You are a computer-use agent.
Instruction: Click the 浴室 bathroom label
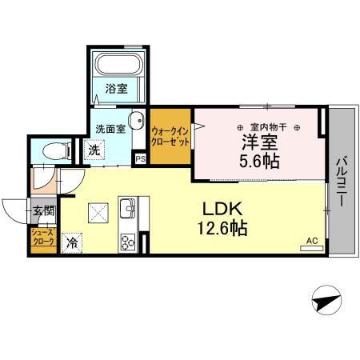(117, 89)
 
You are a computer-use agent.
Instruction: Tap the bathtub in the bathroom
(118, 66)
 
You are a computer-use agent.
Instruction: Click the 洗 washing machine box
(94, 149)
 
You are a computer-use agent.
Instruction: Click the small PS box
(141, 159)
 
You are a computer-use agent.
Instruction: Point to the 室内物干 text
(269, 126)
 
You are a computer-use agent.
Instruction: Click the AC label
(311, 239)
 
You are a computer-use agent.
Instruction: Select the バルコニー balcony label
(340, 181)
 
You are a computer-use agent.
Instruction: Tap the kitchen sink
(127, 211)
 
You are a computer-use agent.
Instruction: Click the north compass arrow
(324, 303)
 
